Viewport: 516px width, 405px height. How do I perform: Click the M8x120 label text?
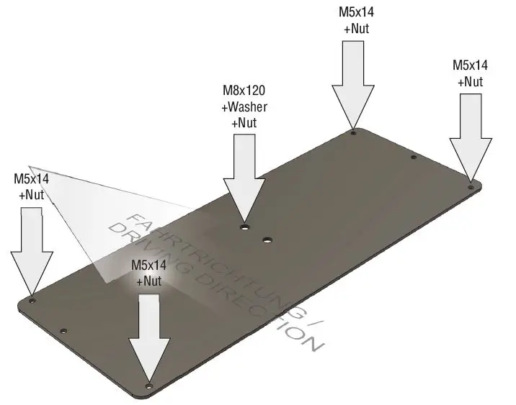click(244, 91)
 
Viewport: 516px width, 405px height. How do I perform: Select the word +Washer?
click(244, 107)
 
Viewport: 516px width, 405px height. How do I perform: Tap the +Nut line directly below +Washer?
click(244, 122)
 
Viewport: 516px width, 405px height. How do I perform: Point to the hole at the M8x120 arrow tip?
click(245, 227)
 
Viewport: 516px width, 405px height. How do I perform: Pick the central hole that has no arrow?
click(267, 239)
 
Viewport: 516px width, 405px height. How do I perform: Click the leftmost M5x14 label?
click(32, 176)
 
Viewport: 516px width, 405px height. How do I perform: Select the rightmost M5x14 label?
click(470, 65)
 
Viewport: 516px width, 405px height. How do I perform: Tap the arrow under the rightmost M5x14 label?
click(470, 137)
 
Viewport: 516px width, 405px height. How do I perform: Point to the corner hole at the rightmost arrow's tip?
click(471, 186)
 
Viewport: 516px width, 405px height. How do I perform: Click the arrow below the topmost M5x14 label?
click(353, 83)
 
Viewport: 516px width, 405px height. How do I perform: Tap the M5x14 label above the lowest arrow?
click(149, 265)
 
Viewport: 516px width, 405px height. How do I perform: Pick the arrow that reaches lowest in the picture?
click(149, 335)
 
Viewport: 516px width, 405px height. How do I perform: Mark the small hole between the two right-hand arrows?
click(414, 158)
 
